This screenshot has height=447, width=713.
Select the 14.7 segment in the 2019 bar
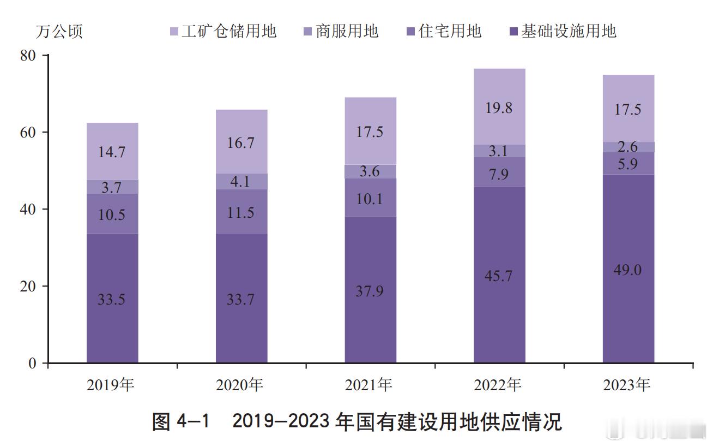[x=112, y=151]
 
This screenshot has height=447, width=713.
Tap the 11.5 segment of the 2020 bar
[x=241, y=212]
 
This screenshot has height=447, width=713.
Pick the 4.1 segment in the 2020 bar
[x=241, y=181]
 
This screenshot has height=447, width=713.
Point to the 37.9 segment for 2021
[x=371, y=290]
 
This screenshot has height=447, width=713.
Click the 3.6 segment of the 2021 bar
[x=371, y=172]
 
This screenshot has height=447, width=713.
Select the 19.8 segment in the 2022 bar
[x=499, y=107]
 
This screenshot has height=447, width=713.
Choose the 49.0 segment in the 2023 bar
[x=629, y=269]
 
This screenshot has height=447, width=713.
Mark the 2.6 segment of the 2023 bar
[x=629, y=147]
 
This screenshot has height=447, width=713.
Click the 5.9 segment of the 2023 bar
[x=629, y=163]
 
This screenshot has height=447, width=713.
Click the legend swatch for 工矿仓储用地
[x=174, y=32]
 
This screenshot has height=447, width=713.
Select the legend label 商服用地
[x=347, y=31]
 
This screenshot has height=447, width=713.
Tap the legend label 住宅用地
[x=450, y=31]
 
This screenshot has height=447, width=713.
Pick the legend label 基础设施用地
[x=569, y=31]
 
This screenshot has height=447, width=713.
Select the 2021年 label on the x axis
[x=368, y=385]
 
